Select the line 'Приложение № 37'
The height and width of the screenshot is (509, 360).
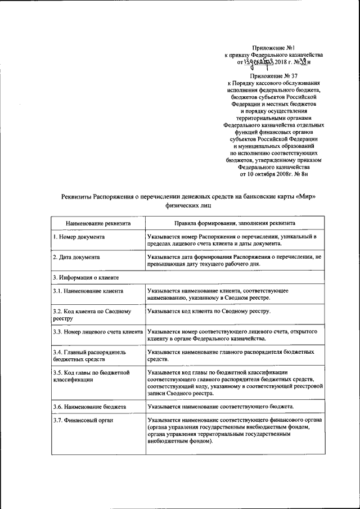[273, 76]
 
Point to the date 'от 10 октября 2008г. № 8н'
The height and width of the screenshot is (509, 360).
[273, 174]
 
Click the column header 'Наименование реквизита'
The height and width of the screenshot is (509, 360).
[98, 223]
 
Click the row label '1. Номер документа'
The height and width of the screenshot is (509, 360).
[79, 237]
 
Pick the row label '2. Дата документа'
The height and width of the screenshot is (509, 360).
[76, 256]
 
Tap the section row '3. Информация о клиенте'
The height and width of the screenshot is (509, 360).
[85, 277]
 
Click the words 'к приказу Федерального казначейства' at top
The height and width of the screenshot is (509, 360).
[273, 56]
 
